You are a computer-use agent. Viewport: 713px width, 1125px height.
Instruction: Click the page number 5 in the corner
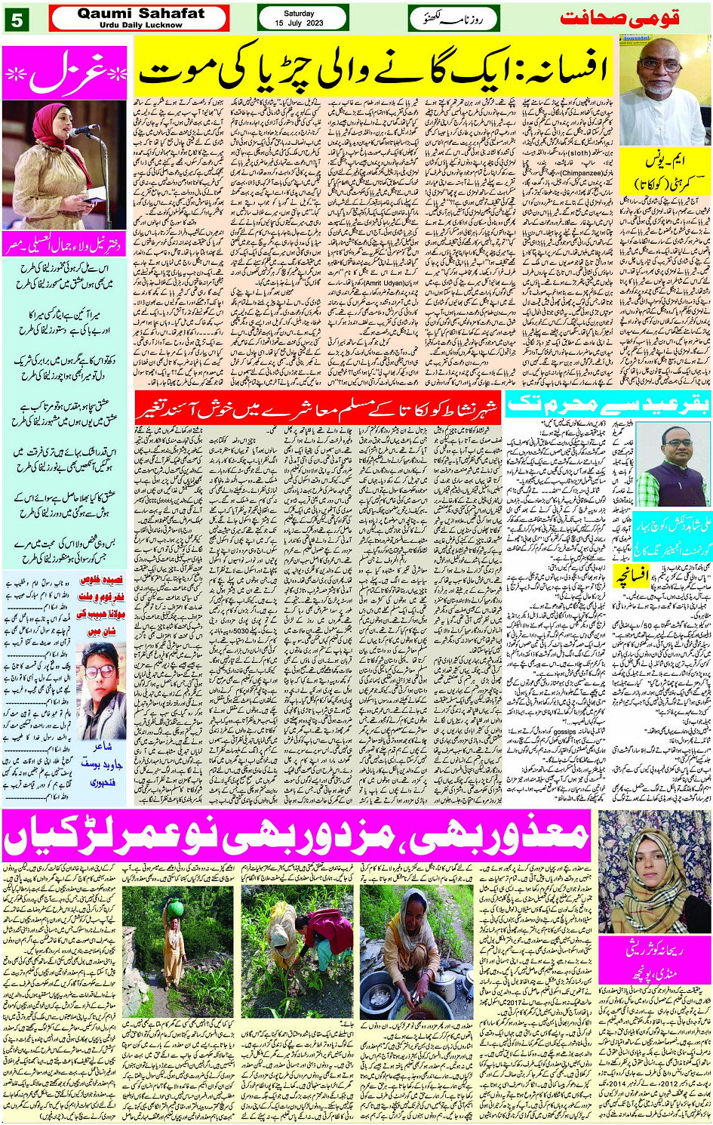click(x=16, y=19)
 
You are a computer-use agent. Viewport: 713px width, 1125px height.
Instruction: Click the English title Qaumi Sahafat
click(x=140, y=13)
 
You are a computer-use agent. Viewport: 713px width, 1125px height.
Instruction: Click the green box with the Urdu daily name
click(x=453, y=18)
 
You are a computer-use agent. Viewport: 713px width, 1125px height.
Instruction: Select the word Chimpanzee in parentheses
click(x=581, y=173)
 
